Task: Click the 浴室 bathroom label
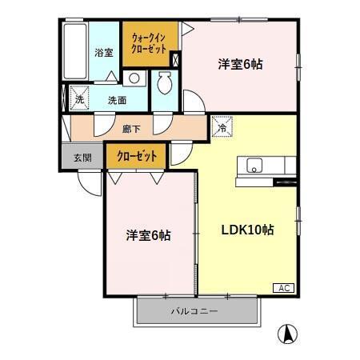point(104,52)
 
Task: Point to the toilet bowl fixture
point(166,82)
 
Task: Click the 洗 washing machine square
point(78,101)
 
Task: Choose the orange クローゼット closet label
point(136,156)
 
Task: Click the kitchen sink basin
point(254,166)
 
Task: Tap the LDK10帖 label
point(248,230)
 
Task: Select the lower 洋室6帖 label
point(147,235)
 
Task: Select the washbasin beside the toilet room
point(134,78)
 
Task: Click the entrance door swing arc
point(89,182)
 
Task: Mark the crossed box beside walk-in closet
point(176,59)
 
